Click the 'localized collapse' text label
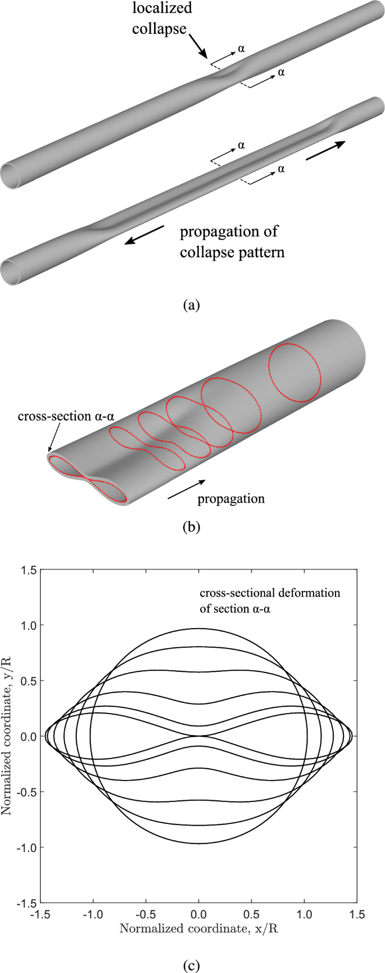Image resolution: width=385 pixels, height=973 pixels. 162,18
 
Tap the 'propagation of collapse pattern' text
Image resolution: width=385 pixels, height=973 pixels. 232,241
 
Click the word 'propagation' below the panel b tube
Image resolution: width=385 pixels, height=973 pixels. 231,499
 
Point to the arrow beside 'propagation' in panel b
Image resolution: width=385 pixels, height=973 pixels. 187,490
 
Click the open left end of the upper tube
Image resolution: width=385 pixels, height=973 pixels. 14,176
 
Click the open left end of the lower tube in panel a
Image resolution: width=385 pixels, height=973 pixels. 14,271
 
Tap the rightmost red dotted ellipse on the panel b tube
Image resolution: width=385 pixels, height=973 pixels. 295,373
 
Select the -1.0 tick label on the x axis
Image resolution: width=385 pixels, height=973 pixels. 93,915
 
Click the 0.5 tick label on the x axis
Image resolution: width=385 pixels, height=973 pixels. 251,915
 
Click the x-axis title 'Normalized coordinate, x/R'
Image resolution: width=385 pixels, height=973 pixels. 198,929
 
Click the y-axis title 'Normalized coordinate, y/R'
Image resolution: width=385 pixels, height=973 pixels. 7,736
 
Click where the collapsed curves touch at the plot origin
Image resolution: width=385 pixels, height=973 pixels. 198,736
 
